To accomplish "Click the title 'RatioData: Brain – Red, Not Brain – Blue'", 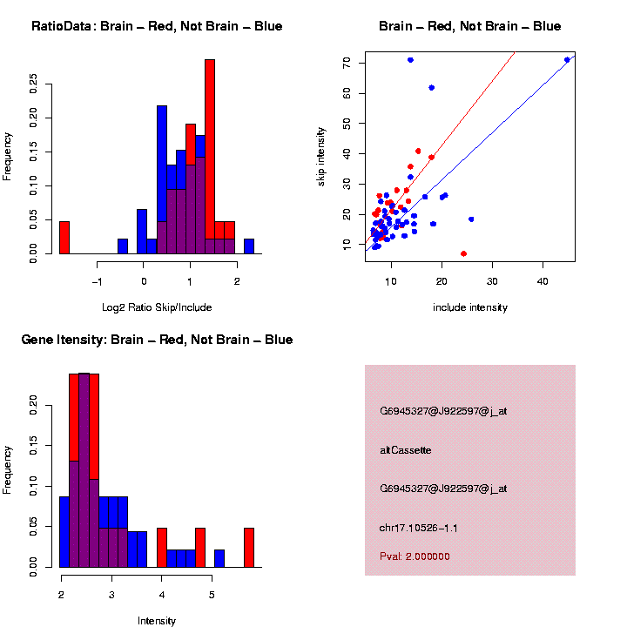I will (x=157, y=26).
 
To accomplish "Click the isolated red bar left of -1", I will (x=64, y=237).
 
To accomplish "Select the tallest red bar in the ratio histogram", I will (x=210, y=157).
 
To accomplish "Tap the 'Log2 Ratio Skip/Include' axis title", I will (x=157, y=307).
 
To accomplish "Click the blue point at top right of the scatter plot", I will (x=567, y=60).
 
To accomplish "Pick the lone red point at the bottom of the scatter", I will (x=463, y=253).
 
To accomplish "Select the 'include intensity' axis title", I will (x=470, y=307).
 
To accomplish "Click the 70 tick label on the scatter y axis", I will (x=347, y=64).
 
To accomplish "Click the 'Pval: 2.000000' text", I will (x=415, y=556).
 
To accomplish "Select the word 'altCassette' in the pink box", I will (x=406, y=450).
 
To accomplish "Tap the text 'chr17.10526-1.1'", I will (x=419, y=528).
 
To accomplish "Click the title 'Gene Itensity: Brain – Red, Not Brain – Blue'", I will (x=157, y=340).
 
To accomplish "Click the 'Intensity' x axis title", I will (x=157, y=621).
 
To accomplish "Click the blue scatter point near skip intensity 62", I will (x=431, y=88).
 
